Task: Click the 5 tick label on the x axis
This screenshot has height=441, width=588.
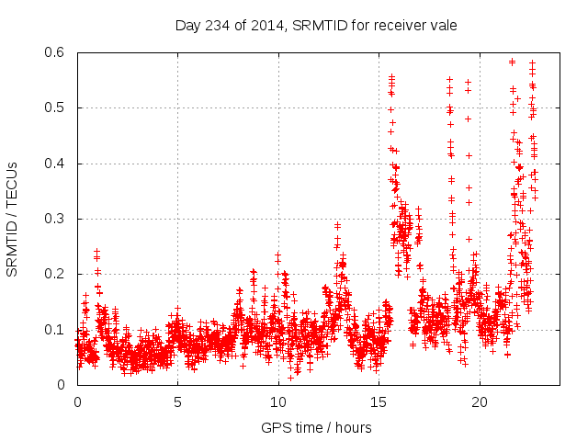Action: click(178, 402)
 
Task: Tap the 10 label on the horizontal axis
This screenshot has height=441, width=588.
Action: click(278, 402)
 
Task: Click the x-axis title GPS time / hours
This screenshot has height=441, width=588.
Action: click(316, 427)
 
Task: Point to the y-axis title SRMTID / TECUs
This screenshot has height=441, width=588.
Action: click(12, 219)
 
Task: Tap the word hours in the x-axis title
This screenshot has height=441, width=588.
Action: click(354, 427)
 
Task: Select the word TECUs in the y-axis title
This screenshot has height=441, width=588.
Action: click(12, 187)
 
